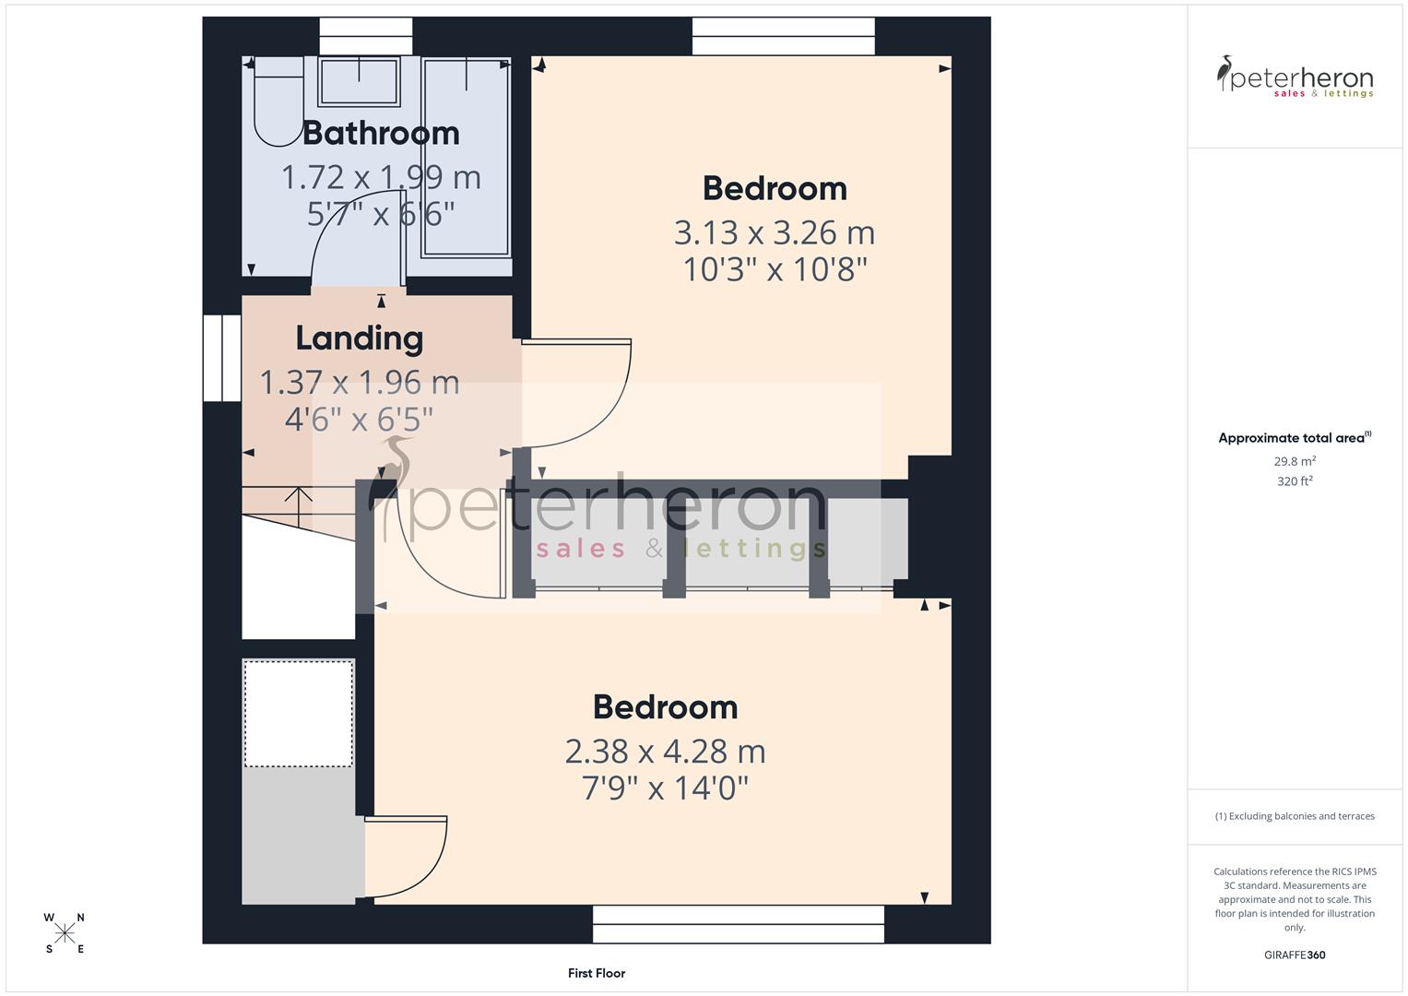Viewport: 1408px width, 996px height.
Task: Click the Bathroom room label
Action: tap(381, 134)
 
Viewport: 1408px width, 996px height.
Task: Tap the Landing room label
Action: tap(360, 338)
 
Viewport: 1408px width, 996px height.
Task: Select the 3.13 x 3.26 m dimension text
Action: tap(775, 232)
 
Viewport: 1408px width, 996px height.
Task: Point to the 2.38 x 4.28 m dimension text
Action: tap(665, 752)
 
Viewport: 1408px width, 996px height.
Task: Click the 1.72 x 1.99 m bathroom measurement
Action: tap(381, 177)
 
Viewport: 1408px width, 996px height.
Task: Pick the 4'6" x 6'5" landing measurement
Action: tap(359, 420)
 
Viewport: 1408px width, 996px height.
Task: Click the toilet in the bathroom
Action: tap(277, 101)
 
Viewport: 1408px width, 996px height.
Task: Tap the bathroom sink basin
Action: tap(359, 81)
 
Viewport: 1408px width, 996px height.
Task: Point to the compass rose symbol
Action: tap(65, 933)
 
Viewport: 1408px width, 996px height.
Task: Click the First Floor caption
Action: tap(597, 973)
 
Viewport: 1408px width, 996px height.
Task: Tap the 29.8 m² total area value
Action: tap(1295, 461)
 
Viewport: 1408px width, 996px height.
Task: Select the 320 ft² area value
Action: tap(1295, 481)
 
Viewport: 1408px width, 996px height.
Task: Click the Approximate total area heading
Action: tap(1294, 438)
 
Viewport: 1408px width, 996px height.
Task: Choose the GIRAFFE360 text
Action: tap(1295, 955)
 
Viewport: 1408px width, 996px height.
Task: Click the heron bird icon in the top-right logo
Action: tap(1225, 73)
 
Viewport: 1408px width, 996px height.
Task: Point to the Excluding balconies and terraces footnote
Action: tap(1295, 816)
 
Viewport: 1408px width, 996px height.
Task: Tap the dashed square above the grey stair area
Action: tap(298, 713)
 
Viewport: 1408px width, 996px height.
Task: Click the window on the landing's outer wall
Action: tap(222, 359)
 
